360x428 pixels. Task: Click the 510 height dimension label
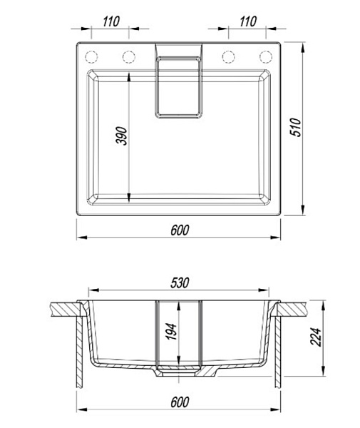coord(296,127)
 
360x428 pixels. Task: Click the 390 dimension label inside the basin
coord(122,136)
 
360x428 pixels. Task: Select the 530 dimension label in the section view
coord(180,283)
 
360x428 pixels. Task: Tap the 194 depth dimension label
coord(171,332)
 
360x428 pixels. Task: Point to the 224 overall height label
coord(316,337)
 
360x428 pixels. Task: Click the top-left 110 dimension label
coord(111,21)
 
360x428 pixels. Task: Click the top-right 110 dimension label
coord(248,21)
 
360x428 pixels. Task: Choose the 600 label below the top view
coord(180,230)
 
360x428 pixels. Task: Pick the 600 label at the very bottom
coord(180,402)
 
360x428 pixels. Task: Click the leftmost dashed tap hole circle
coord(91,57)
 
